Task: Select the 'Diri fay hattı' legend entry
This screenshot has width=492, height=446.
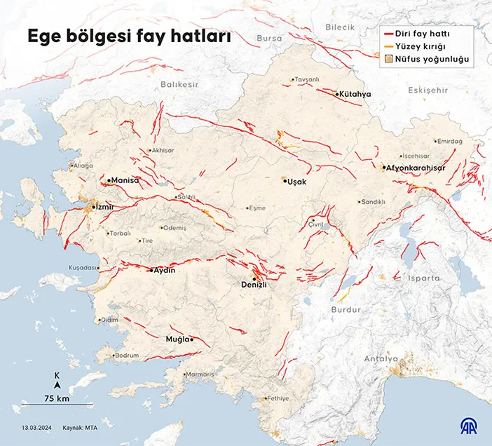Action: tap(428, 33)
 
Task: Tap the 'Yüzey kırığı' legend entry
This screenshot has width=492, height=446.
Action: tap(427, 47)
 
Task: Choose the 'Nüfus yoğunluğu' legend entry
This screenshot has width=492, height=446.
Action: tap(432, 60)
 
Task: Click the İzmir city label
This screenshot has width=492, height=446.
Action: tap(104, 208)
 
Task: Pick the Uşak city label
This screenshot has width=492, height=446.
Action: tap(297, 181)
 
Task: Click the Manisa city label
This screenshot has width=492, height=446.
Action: tap(125, 180)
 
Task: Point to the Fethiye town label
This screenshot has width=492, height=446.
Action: tap(278, 398)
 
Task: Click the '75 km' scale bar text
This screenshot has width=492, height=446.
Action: tap(57, 398)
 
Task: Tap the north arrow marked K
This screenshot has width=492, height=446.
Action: tap(57, 380)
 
